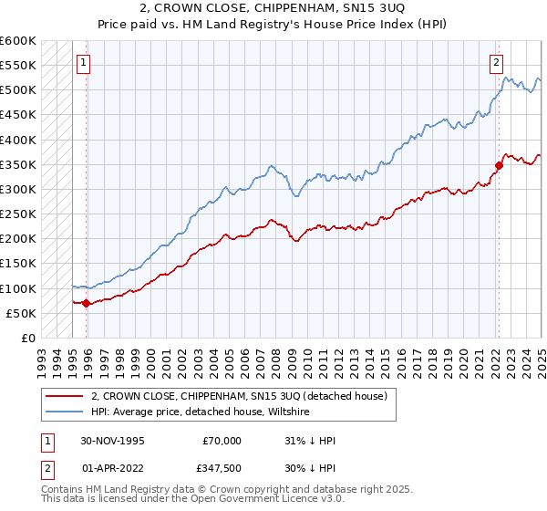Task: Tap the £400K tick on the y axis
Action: [x=18, y=140]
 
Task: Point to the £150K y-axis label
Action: [x=18, y=264]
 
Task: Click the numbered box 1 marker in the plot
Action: [x=84, y=63]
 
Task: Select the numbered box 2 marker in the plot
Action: [x=496, y=63]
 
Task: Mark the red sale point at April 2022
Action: [x=499, y=165]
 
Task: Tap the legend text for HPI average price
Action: [x=201, y=412]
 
